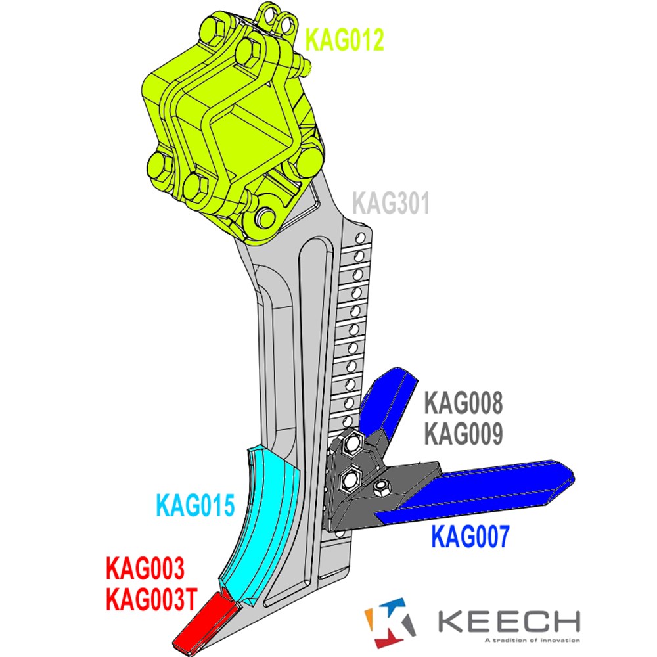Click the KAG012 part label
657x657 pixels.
344,40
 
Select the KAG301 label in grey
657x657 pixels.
391,203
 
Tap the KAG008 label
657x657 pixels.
463,403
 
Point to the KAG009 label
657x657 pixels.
463,434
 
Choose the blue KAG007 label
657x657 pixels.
470,536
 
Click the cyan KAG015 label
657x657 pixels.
195,505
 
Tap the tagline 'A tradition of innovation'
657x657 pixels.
532,640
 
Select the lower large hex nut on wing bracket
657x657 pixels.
350,481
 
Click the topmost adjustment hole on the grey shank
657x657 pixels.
360,239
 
